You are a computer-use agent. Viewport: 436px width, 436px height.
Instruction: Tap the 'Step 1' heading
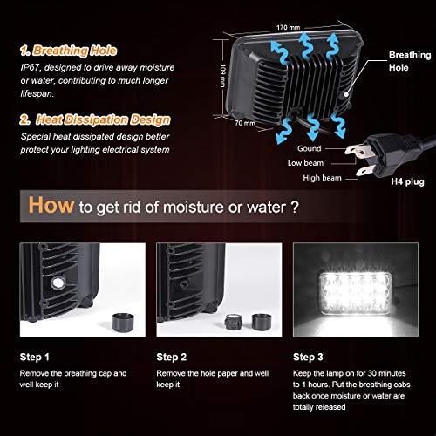click(35, 357)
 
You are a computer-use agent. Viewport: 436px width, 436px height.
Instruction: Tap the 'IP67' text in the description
click(31, 69)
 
